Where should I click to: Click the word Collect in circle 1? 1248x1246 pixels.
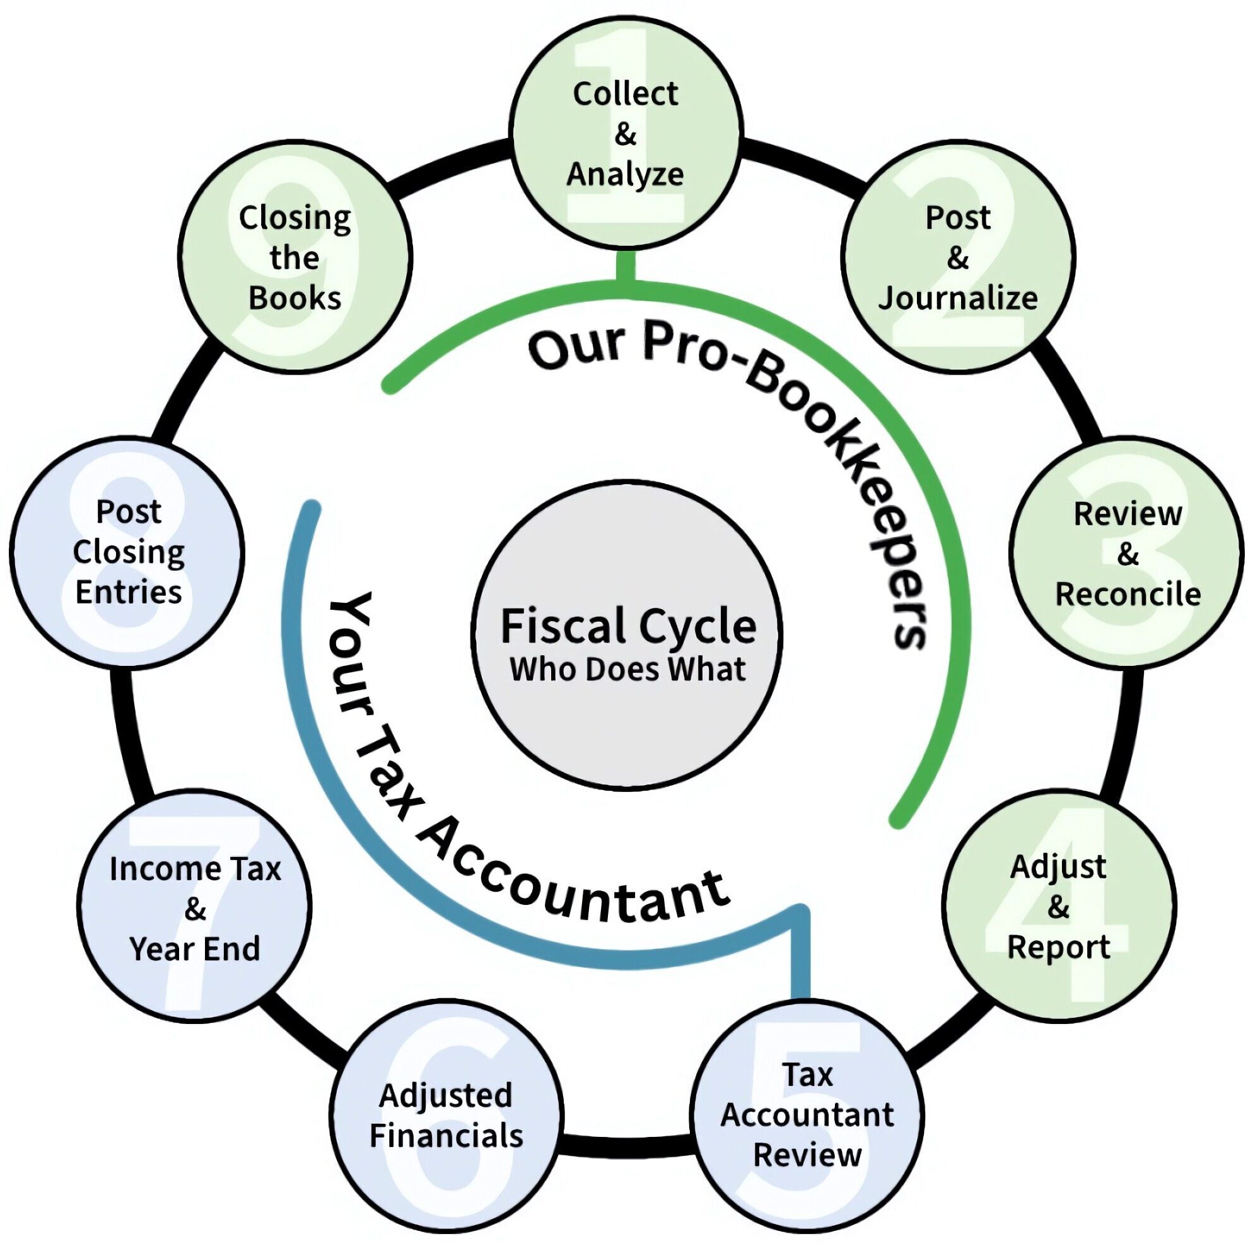pyautogui.click(x=625, y=95)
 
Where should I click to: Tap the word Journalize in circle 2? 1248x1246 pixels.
pyautogui.click(x=957, y=298)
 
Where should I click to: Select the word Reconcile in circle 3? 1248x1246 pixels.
pyautogui.click(x=1127, y=594)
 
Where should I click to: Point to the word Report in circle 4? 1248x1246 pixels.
pyautogui.click(x=1058, y=948)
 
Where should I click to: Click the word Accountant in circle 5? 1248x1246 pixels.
pyautogui.click(x=807, y=1115)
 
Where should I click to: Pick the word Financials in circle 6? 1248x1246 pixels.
pyautogui.click(x=446, y=1136)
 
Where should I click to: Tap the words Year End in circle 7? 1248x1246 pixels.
pyautogui.click(x=194, y=949)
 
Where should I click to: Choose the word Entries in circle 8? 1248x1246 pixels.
pyautogui.click(x=129, y=591)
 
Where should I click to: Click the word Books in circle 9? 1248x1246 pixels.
pyautogui.click(x=295, y=298)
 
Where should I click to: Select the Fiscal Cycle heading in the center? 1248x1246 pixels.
pyautogui.click(x=628, y=626)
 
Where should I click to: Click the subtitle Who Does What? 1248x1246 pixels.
pyautogui.click(x=628, y=669)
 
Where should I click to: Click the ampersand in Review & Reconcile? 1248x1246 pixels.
pyautogui.click(x=1127, y=554)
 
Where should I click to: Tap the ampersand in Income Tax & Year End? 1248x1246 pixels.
pyautogui.click(x=194, y=909)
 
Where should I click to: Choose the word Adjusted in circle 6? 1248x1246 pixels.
pyautogui.click(x=446, y=1095)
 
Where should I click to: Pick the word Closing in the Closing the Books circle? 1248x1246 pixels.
pyautogui.click(x=295, y=218)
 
